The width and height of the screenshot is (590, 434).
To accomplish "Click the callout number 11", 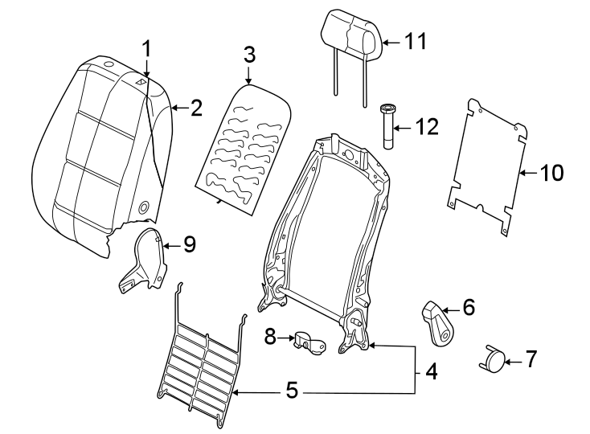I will click(x=416, y=42).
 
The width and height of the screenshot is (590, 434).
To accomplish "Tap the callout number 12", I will click(x=427, y=126).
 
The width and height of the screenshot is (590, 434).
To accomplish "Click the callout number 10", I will click(x=552, y=172).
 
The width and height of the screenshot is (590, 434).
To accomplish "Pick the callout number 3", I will click(x=249, y=55).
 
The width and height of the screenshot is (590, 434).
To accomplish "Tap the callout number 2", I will click(x=196, y=108).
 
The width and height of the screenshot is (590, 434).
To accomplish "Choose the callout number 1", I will click(x=146, y=48).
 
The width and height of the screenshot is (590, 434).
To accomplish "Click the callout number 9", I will click(x=189, y=244).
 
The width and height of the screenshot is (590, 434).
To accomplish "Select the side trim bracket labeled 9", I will click(x=145, y=261).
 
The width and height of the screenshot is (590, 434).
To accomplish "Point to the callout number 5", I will click(x=292, y=392).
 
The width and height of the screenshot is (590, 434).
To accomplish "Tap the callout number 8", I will click(x=270, y=337).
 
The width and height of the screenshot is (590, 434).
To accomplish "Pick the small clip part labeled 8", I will click(x=309, y=342).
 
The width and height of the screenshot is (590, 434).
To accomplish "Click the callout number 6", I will click(x=469, y=307).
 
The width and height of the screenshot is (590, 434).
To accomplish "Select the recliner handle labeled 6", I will click(x=439, y=321).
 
